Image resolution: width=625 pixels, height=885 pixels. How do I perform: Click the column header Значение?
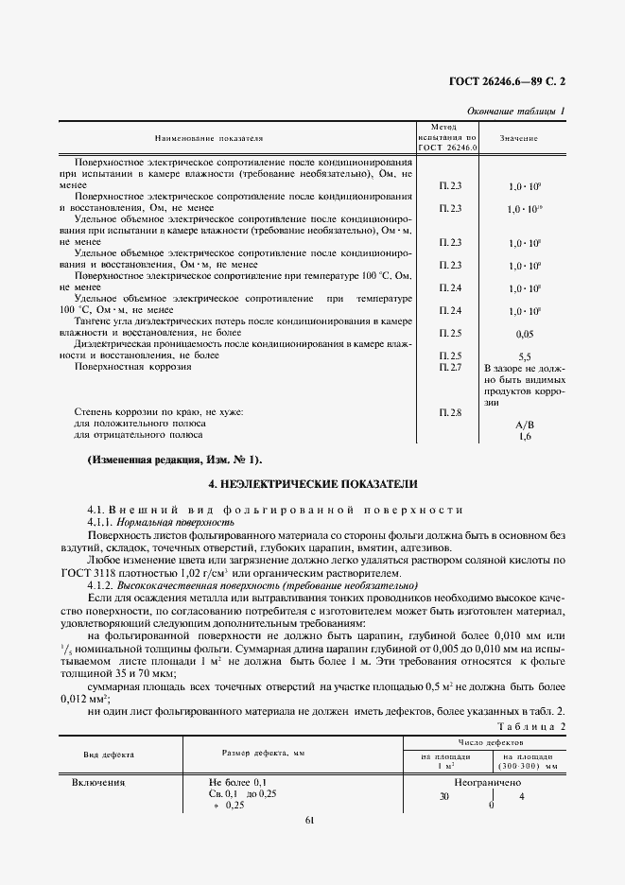[x=519, y=139]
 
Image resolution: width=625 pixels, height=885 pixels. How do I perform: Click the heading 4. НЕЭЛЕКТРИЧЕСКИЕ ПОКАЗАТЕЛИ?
[x=312, y=483]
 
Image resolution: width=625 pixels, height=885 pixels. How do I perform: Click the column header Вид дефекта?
[x=109, y=755]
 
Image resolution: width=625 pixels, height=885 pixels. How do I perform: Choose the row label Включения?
[x=99, y=783]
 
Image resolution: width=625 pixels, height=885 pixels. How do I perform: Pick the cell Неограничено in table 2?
[x=487, y=783]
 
